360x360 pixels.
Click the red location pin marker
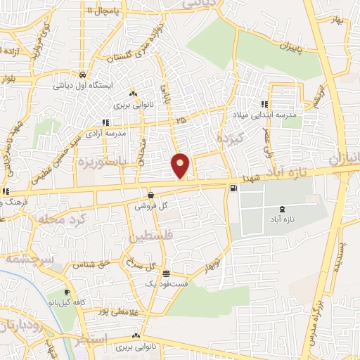[x=181, y=165]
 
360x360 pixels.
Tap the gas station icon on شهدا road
[x=233, y=188]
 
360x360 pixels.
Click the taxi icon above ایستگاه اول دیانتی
[x=84, y=74]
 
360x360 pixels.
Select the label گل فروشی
[x=154, y=206]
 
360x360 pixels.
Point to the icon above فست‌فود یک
[x=166, y=274]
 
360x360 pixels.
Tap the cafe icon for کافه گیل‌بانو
[x=67, y=292]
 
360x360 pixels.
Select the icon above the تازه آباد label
[x=283, y=209]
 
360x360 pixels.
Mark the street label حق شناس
[x=96, y=264]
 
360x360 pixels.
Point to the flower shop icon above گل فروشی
[x=150, y=195]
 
